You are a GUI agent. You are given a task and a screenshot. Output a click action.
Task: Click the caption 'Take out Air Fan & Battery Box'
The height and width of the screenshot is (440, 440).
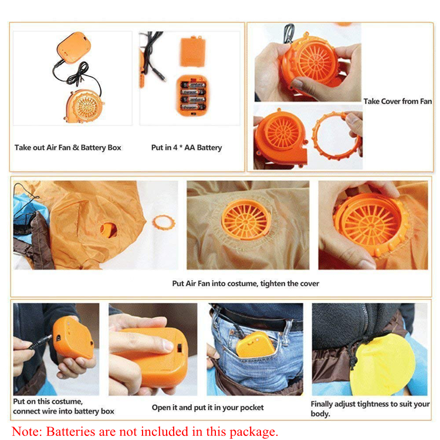pyautogui.click(x=67, y=148)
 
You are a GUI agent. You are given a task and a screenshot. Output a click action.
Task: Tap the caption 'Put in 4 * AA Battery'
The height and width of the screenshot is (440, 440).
pyautogui.click(x=187, y=148)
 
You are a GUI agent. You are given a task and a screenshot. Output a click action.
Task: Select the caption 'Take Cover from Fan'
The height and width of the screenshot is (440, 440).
pyautogui.click(x=398, y=101)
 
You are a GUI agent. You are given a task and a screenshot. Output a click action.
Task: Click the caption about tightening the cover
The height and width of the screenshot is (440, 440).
pyautogui.click(x=246, y=283)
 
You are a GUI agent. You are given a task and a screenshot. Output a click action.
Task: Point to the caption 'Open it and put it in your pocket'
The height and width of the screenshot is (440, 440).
pyautogui.click(x=208, y=408)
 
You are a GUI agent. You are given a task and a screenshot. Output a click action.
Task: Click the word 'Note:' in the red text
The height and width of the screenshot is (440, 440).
pyautogui.click(x=26, y=431)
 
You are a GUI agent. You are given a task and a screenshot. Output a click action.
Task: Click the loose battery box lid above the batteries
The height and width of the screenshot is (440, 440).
pyautogui.click(x=193, y=52)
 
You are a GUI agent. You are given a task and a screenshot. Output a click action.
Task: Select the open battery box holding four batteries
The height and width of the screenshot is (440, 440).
pyautogui.click(x=192, y=96)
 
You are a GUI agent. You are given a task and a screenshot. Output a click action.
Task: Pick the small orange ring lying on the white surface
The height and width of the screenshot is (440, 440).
pyautogui.click(x=164, y=222)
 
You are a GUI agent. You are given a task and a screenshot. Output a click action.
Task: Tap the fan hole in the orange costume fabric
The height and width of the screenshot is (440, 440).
pyautogui.click(x=109, y=230)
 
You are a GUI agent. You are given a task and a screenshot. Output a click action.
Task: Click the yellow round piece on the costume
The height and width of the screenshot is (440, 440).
pyautogui.click(x=382, y=365)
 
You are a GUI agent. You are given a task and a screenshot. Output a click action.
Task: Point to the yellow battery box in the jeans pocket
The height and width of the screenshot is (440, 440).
pyautogui.click(x=256, y=344)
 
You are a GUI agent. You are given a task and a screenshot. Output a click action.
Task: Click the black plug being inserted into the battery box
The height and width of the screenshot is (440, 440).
pyautogui.click(x=40, y=343)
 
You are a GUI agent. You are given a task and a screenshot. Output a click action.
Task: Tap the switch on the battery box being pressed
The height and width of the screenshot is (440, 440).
pyautogui.click(x=179, y=348)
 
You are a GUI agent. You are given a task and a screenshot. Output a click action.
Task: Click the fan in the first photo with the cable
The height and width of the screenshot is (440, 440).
pyautogui.click(x=84, y=106)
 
